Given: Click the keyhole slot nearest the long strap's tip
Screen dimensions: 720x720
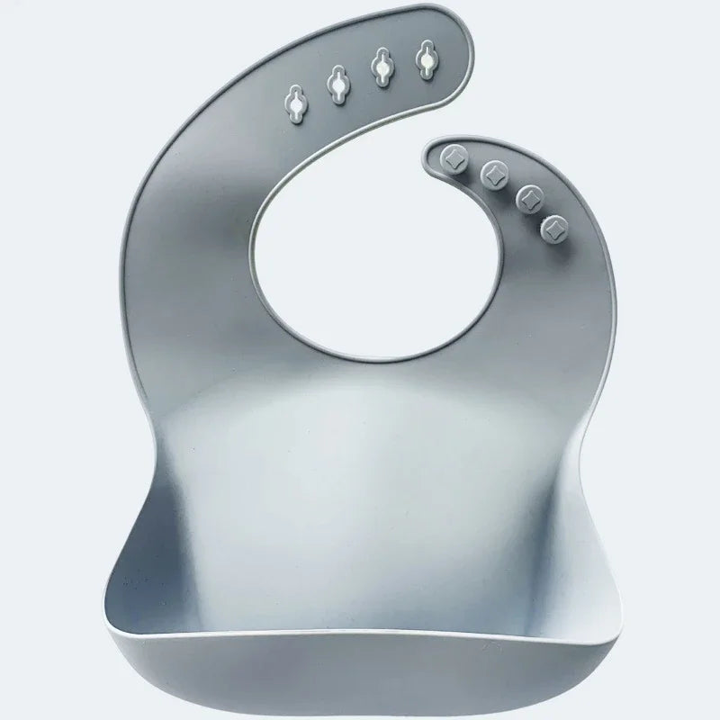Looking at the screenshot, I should (424, 61).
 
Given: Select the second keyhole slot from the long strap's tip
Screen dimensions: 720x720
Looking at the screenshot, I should (382, 69).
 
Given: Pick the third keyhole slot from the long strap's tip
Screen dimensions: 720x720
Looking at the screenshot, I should (339, 84).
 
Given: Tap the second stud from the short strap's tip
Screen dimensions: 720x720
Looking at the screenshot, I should (493, 171).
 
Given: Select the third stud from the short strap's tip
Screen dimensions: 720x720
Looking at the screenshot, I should (529, 195).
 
